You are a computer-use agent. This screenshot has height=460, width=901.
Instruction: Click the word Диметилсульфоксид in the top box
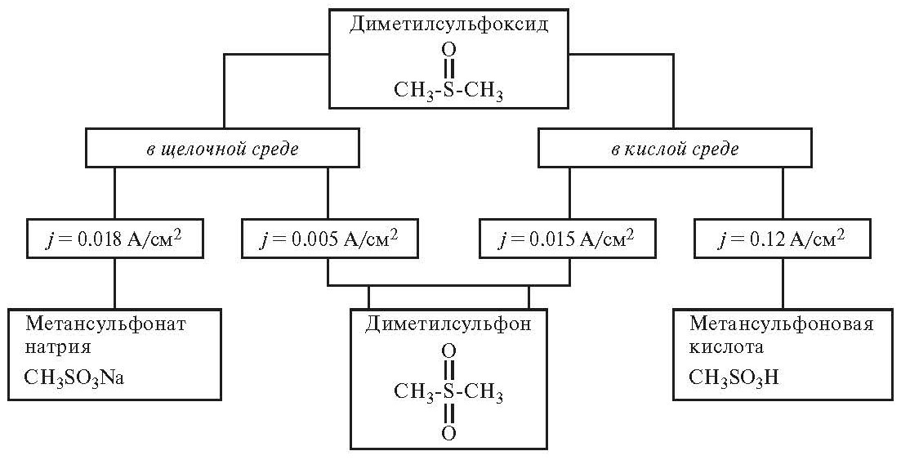click(x=448, y=25)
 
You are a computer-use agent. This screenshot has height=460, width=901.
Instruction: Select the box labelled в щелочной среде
click(x=222, y=150)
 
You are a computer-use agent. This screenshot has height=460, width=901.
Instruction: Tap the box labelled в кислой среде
click(x=674, y=150)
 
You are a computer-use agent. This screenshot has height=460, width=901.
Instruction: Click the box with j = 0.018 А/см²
click(x=114, y=239)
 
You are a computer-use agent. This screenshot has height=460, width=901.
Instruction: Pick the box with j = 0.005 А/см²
click(x=328, y=239)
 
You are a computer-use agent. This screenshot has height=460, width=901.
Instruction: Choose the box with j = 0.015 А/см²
click(x=569, y=239)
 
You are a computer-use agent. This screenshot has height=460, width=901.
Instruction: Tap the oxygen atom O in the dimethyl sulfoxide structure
click(x=448, y=50)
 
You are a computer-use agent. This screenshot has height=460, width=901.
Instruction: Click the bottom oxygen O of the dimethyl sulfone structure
click(x=448, y=432)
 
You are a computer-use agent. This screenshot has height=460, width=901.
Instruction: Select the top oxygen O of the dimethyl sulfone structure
click(x=448, y=352)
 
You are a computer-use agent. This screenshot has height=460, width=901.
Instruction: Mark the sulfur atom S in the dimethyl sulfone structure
click(x=448, y=393)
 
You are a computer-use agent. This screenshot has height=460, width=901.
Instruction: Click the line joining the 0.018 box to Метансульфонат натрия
click(x=114, y=284)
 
